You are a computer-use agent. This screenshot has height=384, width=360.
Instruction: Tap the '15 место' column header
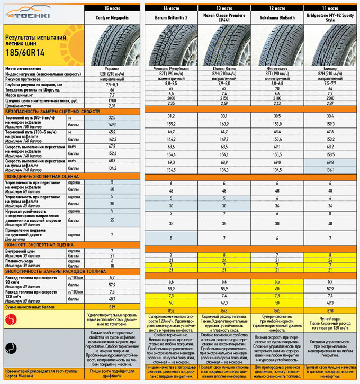[x=112, y=8]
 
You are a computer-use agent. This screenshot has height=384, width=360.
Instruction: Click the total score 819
[x=112, y=306]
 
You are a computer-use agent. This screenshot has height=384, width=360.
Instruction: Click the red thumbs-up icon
[x=11, y=318]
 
